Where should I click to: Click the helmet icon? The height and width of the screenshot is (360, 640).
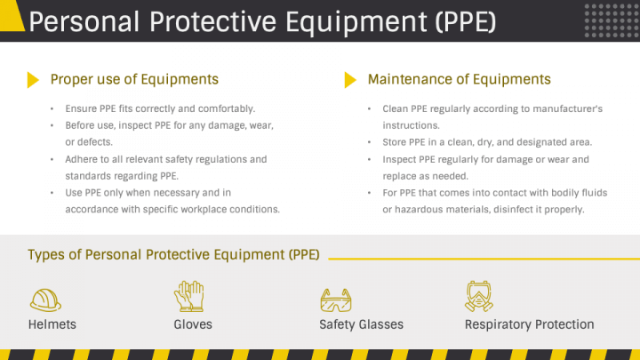[x=45, y=298]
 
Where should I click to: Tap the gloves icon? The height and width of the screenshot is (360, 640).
[x=189, y=296]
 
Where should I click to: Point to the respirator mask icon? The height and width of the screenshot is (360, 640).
[x=479, y=296]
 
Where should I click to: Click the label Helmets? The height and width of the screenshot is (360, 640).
[x=52, y=324]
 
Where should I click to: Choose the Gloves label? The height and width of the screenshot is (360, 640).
[x=193, y=324]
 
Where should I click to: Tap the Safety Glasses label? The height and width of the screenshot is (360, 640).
[x=361, y=324]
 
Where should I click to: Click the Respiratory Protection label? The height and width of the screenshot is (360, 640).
[x=529, y=324]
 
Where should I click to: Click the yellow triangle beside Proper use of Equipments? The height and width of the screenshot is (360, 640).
[x=33, y=80]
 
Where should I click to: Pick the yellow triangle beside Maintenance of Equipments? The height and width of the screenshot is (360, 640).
[x=350, y=80]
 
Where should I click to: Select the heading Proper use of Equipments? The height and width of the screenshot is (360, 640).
[x=134, y=80]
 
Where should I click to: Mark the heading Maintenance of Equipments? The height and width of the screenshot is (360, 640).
[x=459, y=80]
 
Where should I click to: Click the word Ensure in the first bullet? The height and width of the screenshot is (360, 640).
[x=80, y=108]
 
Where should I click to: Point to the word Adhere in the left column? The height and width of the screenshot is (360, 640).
[x=81, y=159]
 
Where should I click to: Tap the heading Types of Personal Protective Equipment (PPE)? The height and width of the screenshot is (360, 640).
[x=174, y=255]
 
